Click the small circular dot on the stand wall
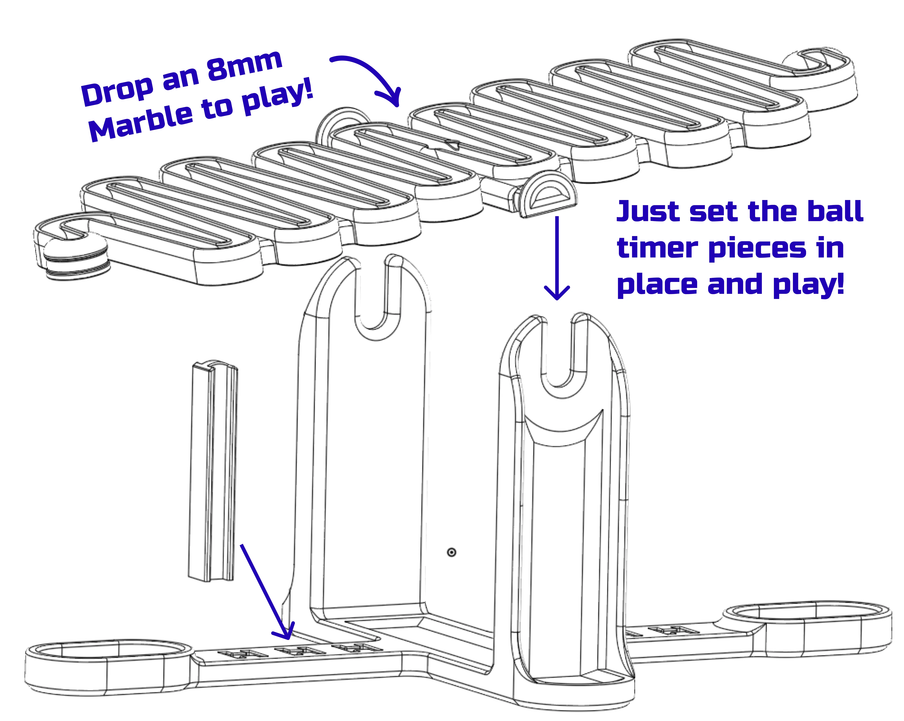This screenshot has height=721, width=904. point(452,553)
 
